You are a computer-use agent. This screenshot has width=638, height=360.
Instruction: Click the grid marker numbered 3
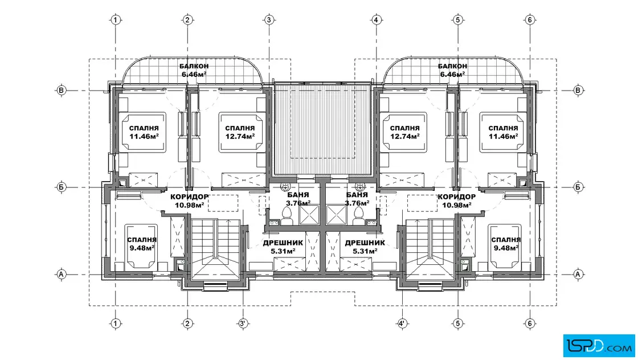[269, 19]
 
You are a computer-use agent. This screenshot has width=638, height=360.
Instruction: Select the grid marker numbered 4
[377, 19]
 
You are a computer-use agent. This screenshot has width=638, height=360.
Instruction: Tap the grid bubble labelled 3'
[243, 324]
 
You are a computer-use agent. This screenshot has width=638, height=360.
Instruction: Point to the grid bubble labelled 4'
[402, 324]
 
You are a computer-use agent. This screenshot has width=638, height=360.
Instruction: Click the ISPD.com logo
[599, 346]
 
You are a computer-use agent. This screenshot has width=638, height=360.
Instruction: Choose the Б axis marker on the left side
[61, 187]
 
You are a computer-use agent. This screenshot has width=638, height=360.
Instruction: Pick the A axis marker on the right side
[578, 274]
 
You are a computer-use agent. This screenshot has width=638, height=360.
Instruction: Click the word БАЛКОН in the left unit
[194, 66]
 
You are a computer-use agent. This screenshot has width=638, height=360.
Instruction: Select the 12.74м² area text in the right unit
[404, 137]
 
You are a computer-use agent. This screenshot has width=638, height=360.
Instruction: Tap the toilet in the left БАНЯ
[287, 215]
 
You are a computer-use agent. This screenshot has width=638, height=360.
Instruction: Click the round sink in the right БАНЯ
[359, 187]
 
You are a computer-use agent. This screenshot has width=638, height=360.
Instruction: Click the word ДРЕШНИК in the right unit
[365, 243]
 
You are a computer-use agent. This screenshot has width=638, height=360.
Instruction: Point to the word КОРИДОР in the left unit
[190, 197]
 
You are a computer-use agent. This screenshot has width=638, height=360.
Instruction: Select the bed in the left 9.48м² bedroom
[141, 246]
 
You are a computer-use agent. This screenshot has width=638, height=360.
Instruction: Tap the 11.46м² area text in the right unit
[504, 137]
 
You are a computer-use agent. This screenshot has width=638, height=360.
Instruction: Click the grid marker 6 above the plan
[529, 19]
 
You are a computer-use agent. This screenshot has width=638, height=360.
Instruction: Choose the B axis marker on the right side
[578, 90]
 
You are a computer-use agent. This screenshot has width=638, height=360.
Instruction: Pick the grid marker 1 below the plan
[116, 324]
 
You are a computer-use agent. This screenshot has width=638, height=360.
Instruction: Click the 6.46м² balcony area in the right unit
[452, 75]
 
